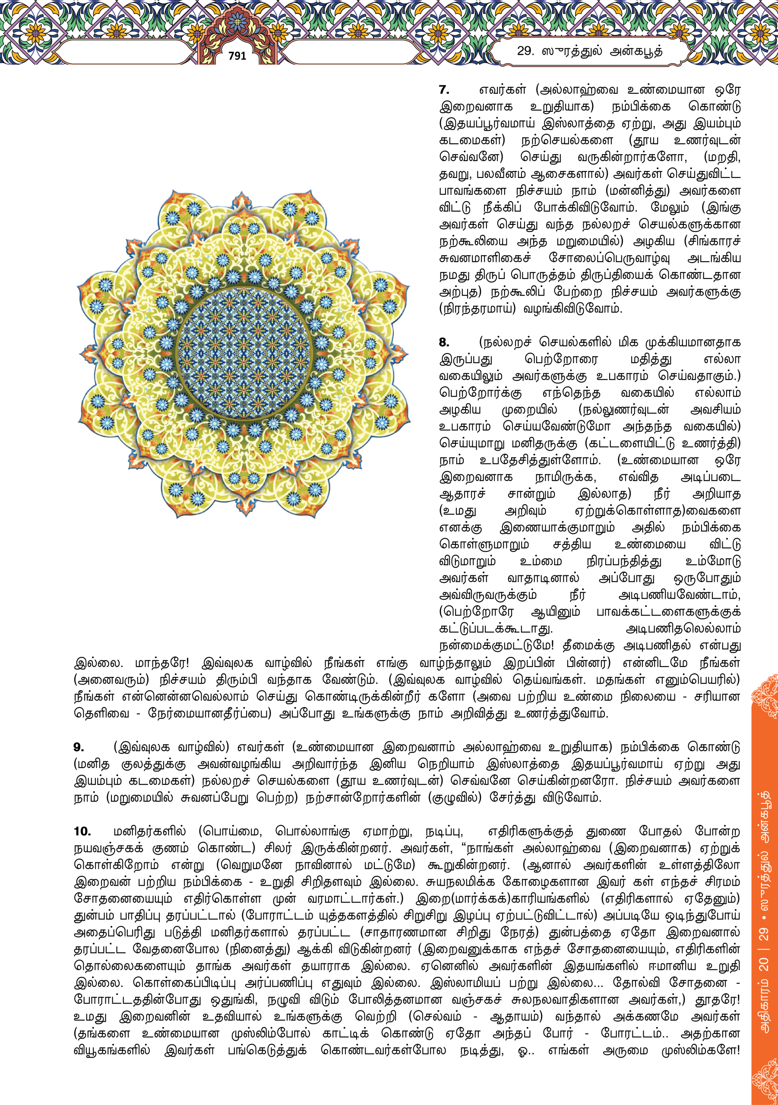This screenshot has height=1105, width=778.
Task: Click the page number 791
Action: [237, 56]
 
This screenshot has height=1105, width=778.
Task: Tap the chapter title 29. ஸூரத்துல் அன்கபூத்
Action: [589, 51]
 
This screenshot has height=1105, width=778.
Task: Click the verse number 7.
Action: [444, 90]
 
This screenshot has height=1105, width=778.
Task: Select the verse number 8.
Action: [444, 342]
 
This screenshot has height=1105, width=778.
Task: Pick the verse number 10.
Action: [82, 831]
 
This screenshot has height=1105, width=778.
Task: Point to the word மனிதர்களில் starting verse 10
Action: [150, 832]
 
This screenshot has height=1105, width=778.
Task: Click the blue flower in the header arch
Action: [237, 22]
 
